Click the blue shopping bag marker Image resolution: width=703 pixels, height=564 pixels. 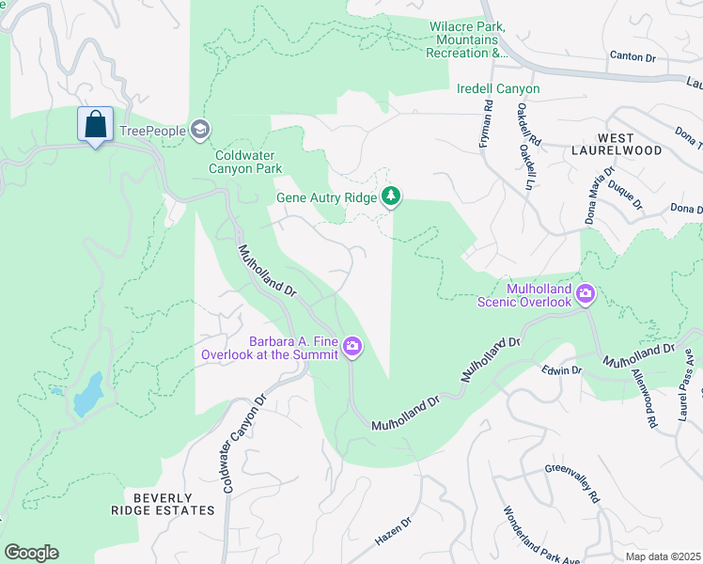95,124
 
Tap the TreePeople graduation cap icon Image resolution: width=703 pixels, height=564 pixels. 199,130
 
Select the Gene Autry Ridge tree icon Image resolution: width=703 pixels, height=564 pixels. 391,196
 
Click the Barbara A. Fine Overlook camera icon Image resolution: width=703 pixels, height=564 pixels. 352,347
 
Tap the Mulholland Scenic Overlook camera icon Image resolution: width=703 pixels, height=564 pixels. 586,294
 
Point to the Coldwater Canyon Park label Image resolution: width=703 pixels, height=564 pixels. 248,162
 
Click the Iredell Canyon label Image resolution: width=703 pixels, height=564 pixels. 497,88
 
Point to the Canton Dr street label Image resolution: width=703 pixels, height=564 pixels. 632,56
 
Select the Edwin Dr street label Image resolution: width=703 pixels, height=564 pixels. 563,370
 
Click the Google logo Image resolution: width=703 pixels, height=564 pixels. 31,552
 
